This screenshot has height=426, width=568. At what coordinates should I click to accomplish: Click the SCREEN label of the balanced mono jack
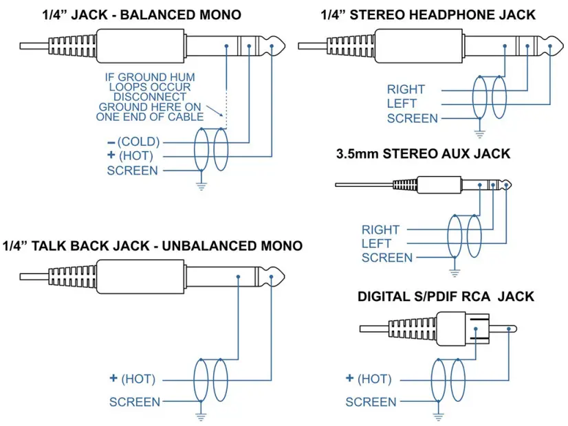point(132,170)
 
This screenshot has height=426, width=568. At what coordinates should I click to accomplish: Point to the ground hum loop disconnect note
point(152,97)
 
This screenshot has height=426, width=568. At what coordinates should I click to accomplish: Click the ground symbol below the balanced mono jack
point(201,183)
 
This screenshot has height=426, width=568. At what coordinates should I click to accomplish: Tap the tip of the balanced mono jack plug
point(278,46)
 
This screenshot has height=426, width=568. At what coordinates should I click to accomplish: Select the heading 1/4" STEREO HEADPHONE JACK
point(428,14)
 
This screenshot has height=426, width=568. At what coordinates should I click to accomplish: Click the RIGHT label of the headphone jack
point(406,89)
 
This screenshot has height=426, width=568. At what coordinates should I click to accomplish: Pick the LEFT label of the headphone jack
point(402,104)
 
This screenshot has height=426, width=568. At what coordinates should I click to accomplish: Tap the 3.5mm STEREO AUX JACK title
point(423,154)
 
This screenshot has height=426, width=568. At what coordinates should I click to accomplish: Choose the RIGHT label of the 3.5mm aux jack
point(380,229)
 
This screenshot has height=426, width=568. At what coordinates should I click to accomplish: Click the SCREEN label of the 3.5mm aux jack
point(386,258)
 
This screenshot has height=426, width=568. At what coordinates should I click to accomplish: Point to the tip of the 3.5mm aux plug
point(509,185)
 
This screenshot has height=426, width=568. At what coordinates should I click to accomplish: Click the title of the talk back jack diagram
point(152,245)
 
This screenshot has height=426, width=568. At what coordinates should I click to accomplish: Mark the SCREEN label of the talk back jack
point(135,402)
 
